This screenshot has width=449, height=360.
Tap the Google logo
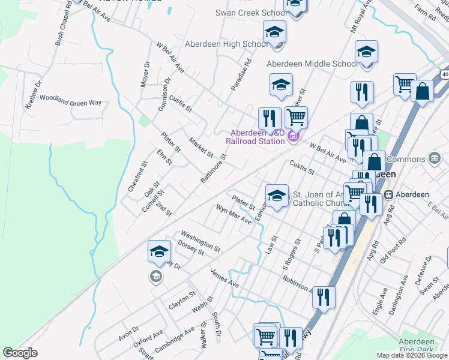(x=20, y=353)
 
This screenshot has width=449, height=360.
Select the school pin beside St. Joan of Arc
(x=277, y=196)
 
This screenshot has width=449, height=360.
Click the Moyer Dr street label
(x=145, y=74)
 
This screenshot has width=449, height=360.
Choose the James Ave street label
(x=224, y=277)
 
